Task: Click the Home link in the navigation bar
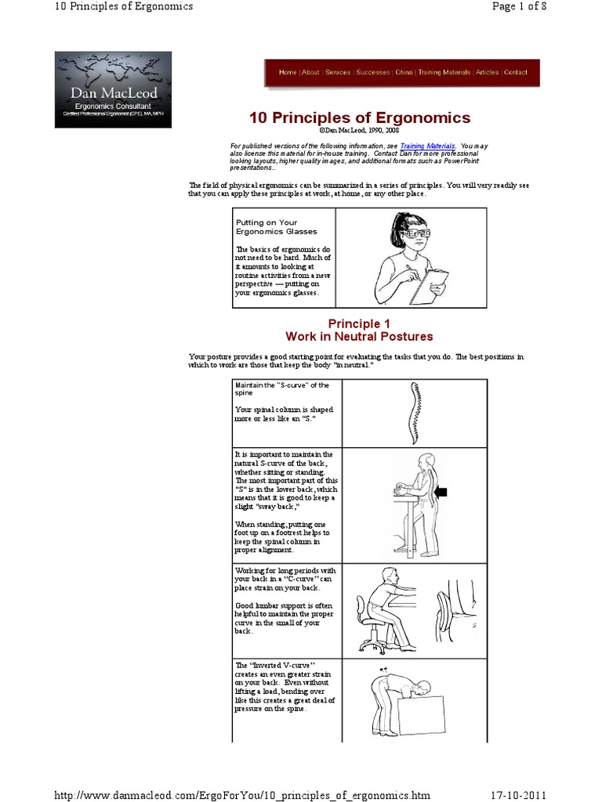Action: (287, 73)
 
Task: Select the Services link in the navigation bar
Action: (338, 73)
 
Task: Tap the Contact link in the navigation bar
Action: (515, 73)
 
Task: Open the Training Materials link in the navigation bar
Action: (444, 73)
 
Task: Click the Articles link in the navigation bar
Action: (487, 73)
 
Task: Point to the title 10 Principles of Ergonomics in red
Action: (360, 118)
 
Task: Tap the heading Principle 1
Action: (359, 323)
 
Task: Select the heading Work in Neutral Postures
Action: (359, 337)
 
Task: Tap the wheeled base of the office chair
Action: (372, 645)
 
